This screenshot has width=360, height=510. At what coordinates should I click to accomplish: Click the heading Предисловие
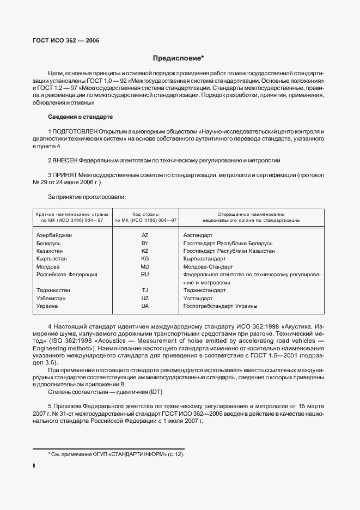click(179, 58)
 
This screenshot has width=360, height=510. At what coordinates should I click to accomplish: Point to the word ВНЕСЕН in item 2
click(65, 161)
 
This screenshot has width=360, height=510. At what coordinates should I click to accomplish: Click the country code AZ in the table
click(145, 235)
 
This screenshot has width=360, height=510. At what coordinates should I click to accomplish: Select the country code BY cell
click(145, 243)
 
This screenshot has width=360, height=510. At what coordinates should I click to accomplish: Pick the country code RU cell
click(145, 275)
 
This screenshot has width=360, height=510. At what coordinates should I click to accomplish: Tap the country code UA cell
click(145, 306)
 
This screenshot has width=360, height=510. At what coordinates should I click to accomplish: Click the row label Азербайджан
click(54, 235)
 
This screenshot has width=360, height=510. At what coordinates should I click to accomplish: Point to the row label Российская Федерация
click(66, 275)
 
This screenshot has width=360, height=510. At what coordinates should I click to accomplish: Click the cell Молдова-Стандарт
click(208, 267)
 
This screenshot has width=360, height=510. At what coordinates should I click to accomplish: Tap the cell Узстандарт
click(198, 299)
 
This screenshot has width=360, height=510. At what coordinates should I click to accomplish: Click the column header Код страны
click(145, 215)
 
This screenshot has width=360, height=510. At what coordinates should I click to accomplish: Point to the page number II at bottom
click(34, 466)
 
